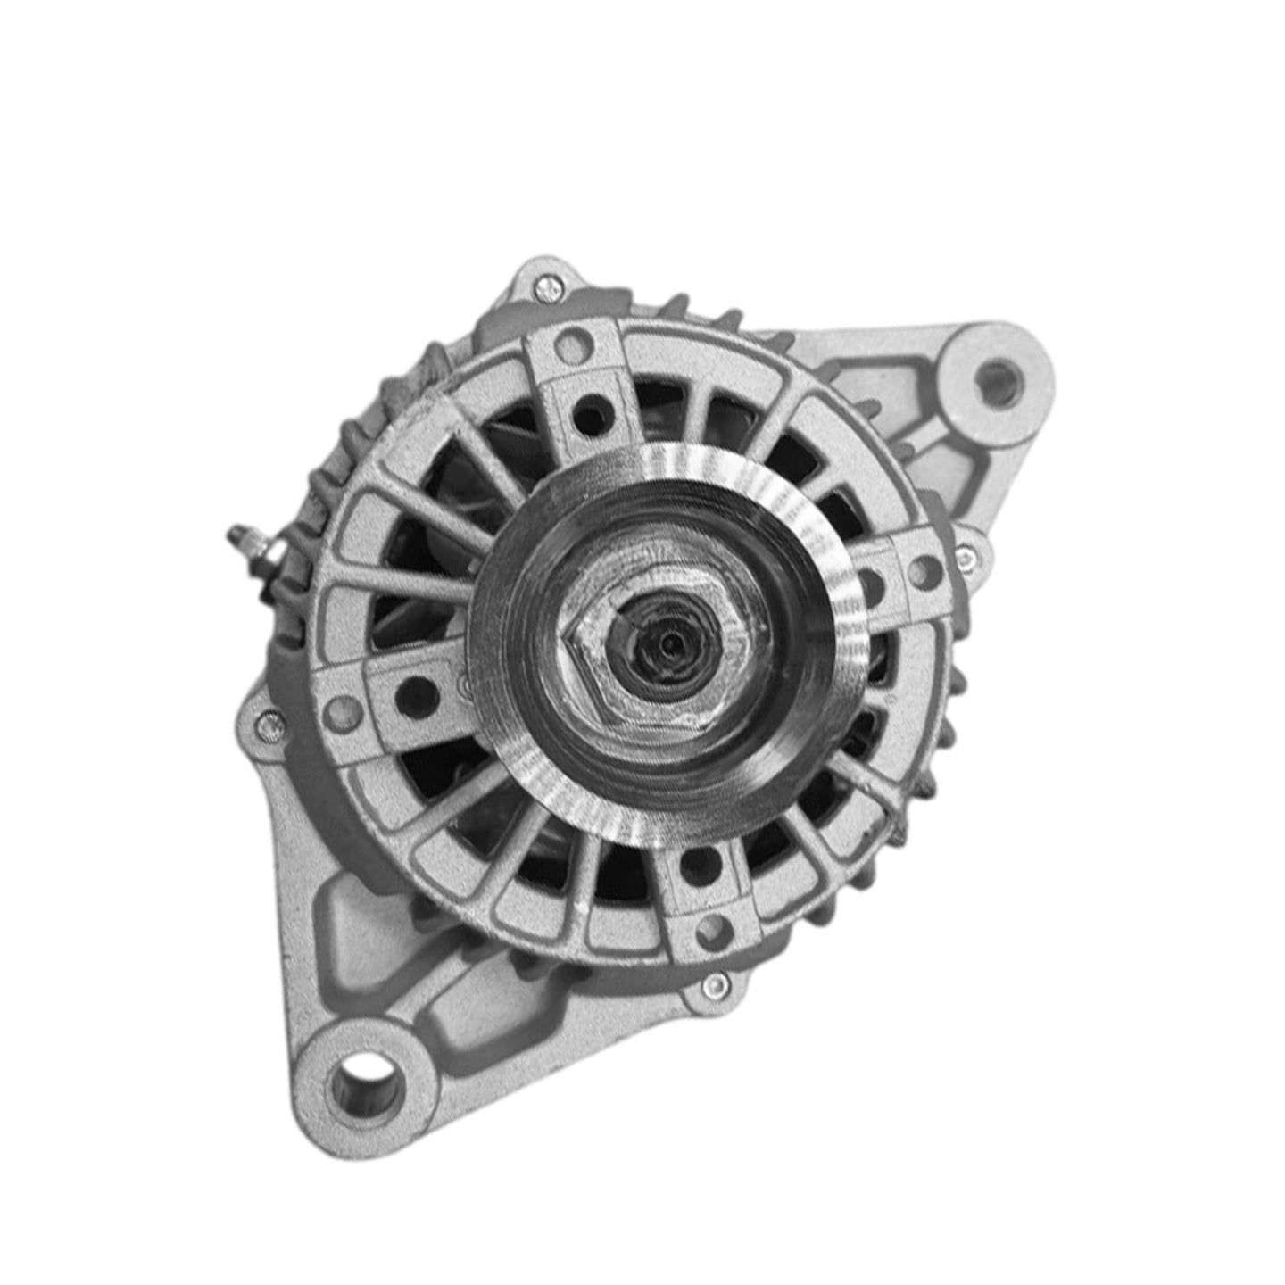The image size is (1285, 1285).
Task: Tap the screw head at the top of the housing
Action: tap(546, 287)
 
